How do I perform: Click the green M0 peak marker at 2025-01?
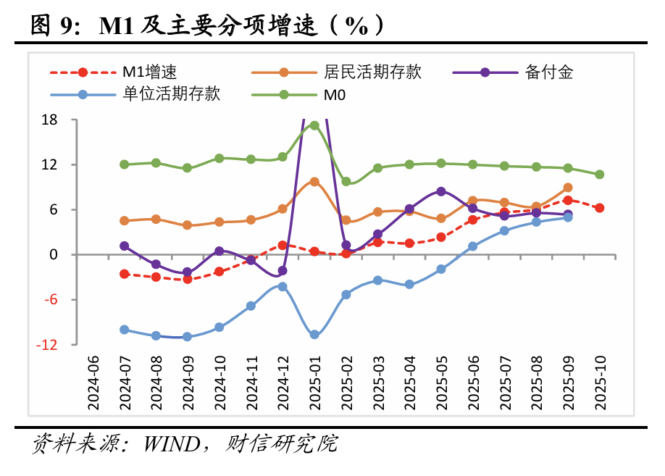click(x=314, y=125)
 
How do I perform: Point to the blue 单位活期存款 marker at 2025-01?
click(x=314, y=335)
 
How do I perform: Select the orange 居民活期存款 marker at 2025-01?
click(x=314, y=182)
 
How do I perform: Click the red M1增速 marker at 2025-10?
click(x=600, y=208)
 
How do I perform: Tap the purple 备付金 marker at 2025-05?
click(x=441, y=191)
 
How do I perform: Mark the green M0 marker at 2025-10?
click(x=600, y=175)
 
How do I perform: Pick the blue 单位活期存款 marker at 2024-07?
click(x=125, y=330)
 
